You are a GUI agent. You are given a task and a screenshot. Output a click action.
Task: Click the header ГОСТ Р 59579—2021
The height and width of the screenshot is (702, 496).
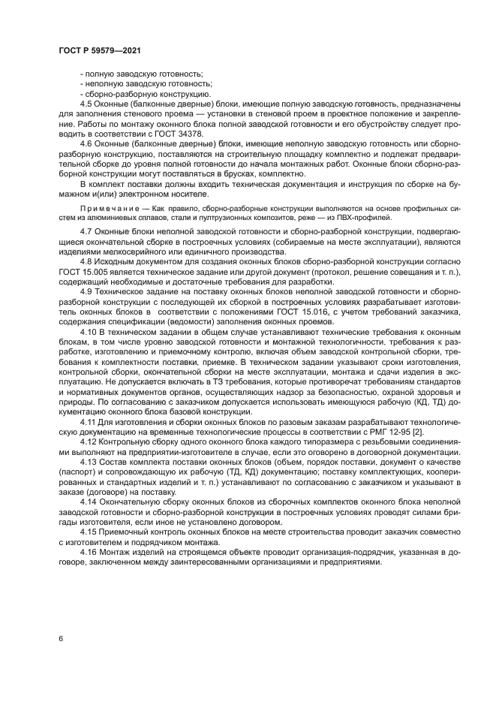[x=100, y=50]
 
